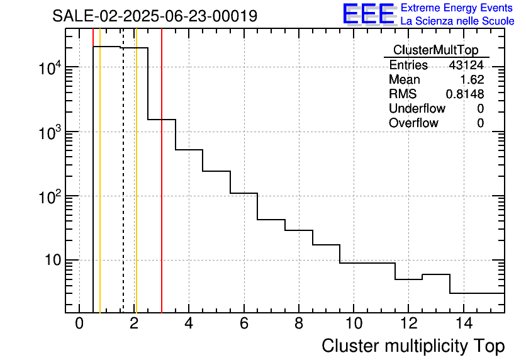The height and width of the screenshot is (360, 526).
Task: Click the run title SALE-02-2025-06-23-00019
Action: coord(155,16)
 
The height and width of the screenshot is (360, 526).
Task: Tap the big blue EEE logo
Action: coord(368,14)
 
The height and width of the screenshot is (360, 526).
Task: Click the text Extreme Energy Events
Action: coord(457,8)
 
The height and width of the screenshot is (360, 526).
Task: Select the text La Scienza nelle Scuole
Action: coord(457,21)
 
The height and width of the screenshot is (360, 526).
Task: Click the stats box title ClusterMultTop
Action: coord(435,50)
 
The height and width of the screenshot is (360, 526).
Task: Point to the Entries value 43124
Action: coord(466,65)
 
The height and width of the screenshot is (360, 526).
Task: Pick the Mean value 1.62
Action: coord(472,80)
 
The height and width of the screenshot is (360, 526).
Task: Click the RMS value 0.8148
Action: coord(464,94)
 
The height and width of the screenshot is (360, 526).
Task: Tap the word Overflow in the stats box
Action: coord(413,123)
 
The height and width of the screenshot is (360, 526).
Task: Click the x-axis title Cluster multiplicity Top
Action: coord(413,346)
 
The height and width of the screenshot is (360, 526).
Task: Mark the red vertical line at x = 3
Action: coord(162,189)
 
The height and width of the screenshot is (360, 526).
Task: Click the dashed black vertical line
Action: coord(123,189)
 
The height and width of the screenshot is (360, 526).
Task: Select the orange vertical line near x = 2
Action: coord(136,189)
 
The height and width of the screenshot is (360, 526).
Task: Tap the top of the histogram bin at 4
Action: coord(189,150)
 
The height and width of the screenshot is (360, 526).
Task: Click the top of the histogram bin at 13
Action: coord(436,274)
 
